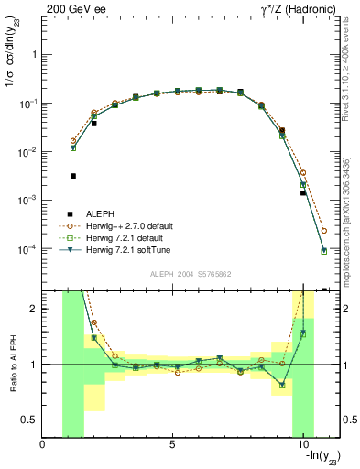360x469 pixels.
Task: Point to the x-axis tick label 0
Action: [x=43, y=444]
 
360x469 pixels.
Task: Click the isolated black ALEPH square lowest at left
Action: [x=73, y=176]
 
